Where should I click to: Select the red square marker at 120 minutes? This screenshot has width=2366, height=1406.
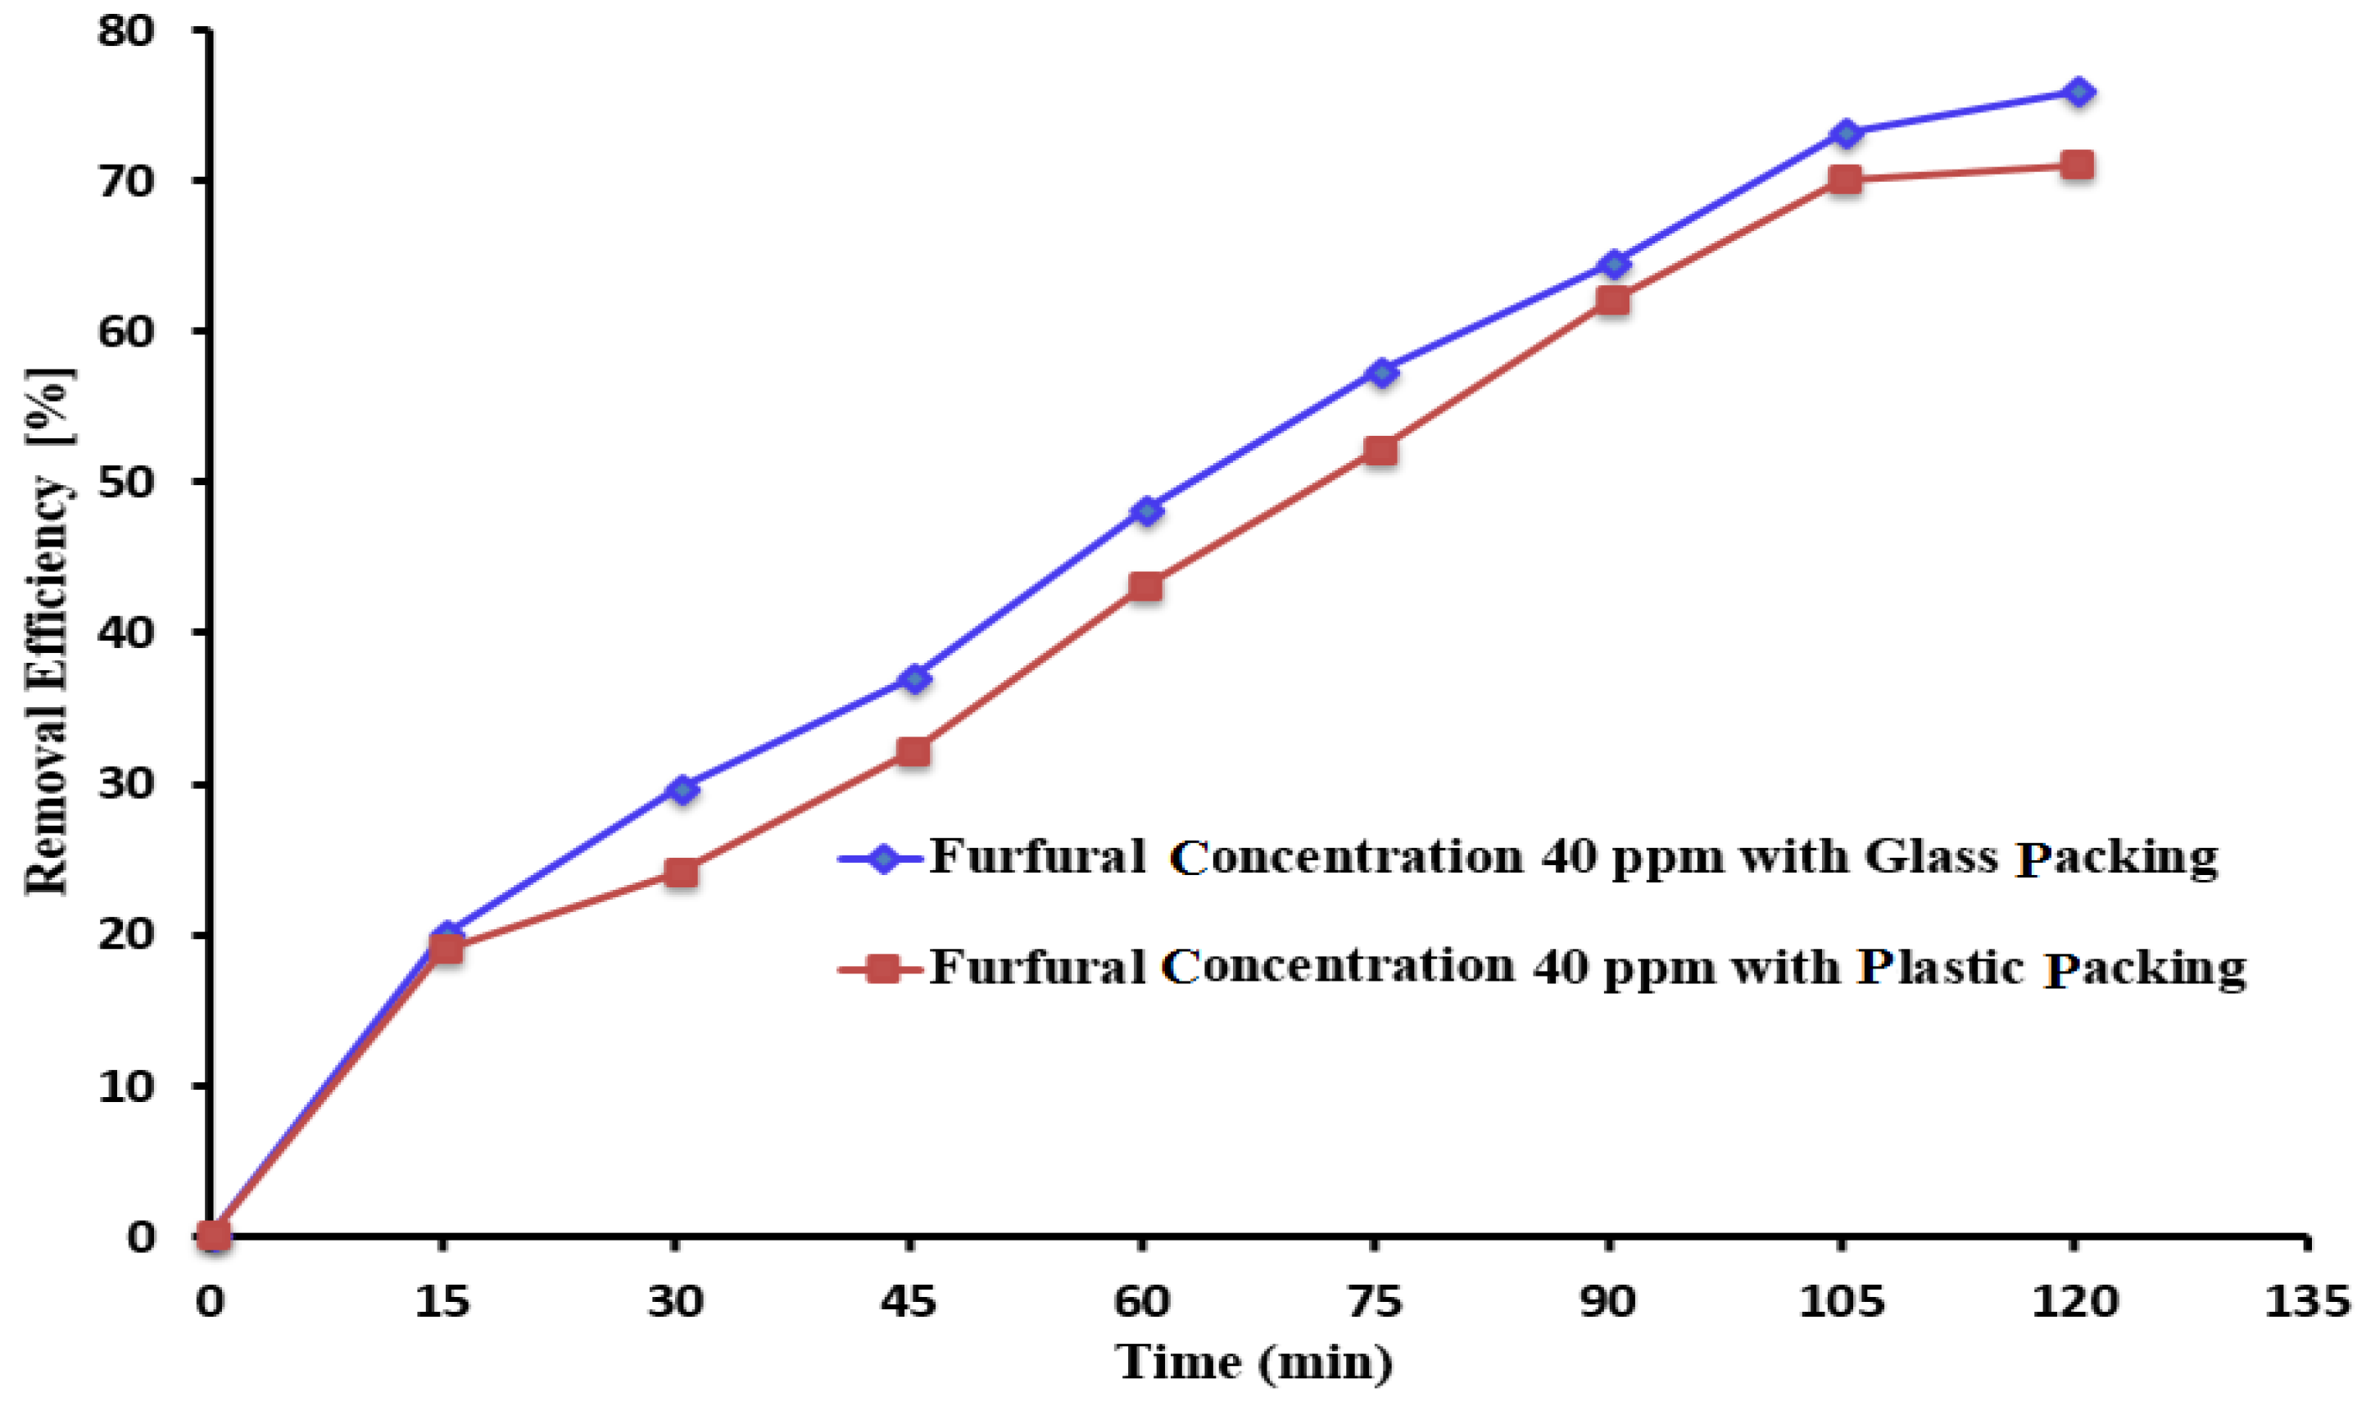pyautogui.click(x=2076, y=165)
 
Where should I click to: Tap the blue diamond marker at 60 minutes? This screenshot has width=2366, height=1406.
pyautogui.click(x=1147, y=511)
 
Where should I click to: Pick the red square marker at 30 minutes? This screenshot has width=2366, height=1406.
pyautogui.click(x=681, y=872)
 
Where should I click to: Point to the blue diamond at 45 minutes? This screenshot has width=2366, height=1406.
pyautogui.click(x=914, y=678)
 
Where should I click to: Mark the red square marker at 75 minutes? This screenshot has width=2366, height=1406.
pyautogui.click(x=1381, y=450)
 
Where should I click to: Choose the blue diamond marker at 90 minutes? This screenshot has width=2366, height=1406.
pyautogui.click(x=1614, y=263)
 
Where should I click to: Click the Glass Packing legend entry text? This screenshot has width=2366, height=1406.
pyautogui.click(x=1572, y=857)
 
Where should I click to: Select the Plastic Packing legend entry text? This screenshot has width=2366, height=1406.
pyautogui.click(x=1587, y=968)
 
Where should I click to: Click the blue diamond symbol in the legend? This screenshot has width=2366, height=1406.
pyautogui.click(x=883, y=859)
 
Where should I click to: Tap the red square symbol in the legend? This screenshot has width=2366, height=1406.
pyautogui.click(x=883, y=968)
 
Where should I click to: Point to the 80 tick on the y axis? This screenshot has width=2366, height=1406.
pyautogui.click(x=125, y=31)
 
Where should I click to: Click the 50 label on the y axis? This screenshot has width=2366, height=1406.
pyautogui.click(x=125, y=483)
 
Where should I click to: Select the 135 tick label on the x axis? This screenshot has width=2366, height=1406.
pyautogui.click(x=2307, y=1302)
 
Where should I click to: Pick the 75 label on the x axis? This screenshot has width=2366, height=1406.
pyautogui.click(x=1375, y=1302)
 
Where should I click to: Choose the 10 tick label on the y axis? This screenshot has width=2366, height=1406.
pyautogui.click(x=125, y=1086)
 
